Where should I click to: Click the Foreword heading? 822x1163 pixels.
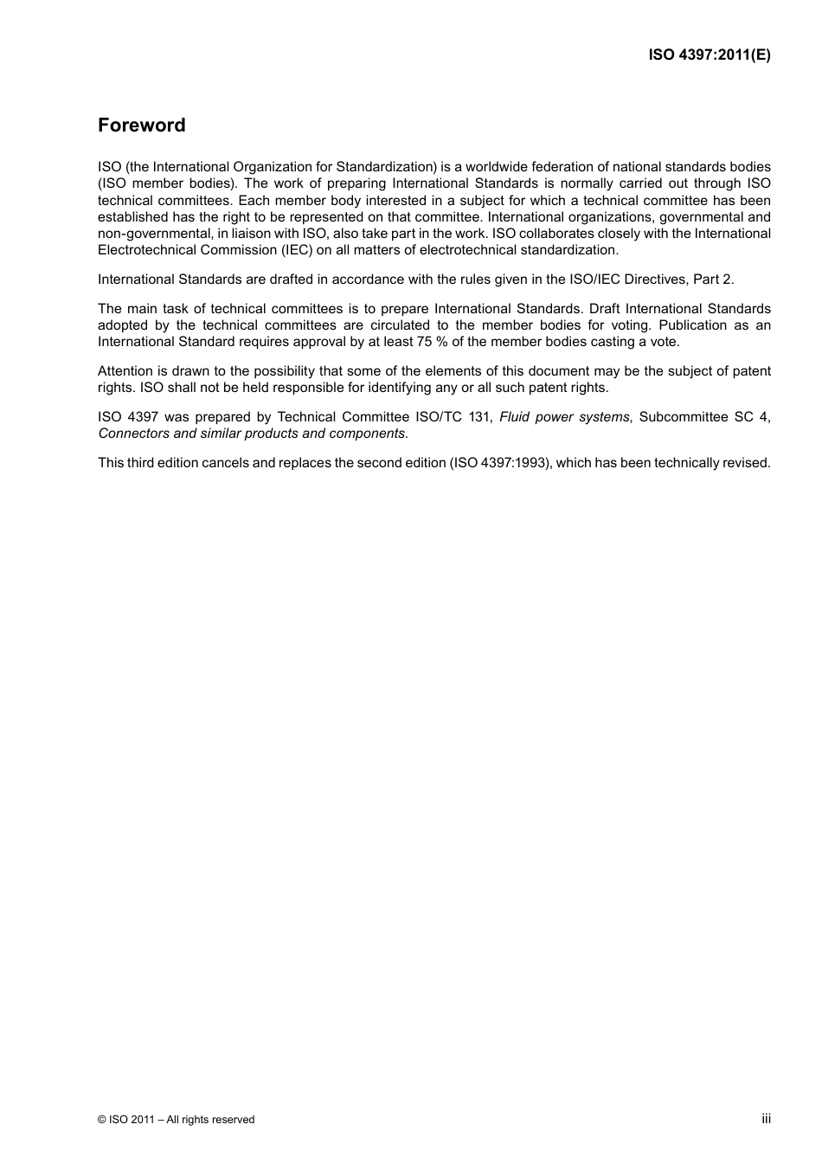(x=141, y=125)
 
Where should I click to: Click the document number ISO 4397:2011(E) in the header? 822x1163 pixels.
(x=710, y=55)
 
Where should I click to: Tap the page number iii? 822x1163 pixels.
(x=766, y=1119)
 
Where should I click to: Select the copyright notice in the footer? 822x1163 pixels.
(x=177, y=1120)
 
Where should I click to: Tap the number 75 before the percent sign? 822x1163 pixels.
(x=425, y=342)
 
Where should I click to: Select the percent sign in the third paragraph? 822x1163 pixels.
(x=441, y=342)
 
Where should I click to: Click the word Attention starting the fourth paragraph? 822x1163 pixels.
(x=125, y=371)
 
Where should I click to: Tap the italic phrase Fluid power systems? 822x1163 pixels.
(x=564, y=417)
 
